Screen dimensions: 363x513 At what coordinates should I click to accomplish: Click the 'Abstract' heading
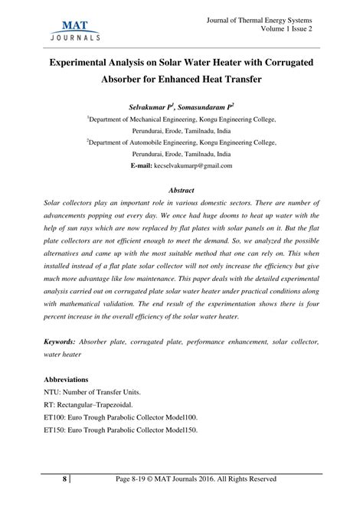(x=181, y=190)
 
